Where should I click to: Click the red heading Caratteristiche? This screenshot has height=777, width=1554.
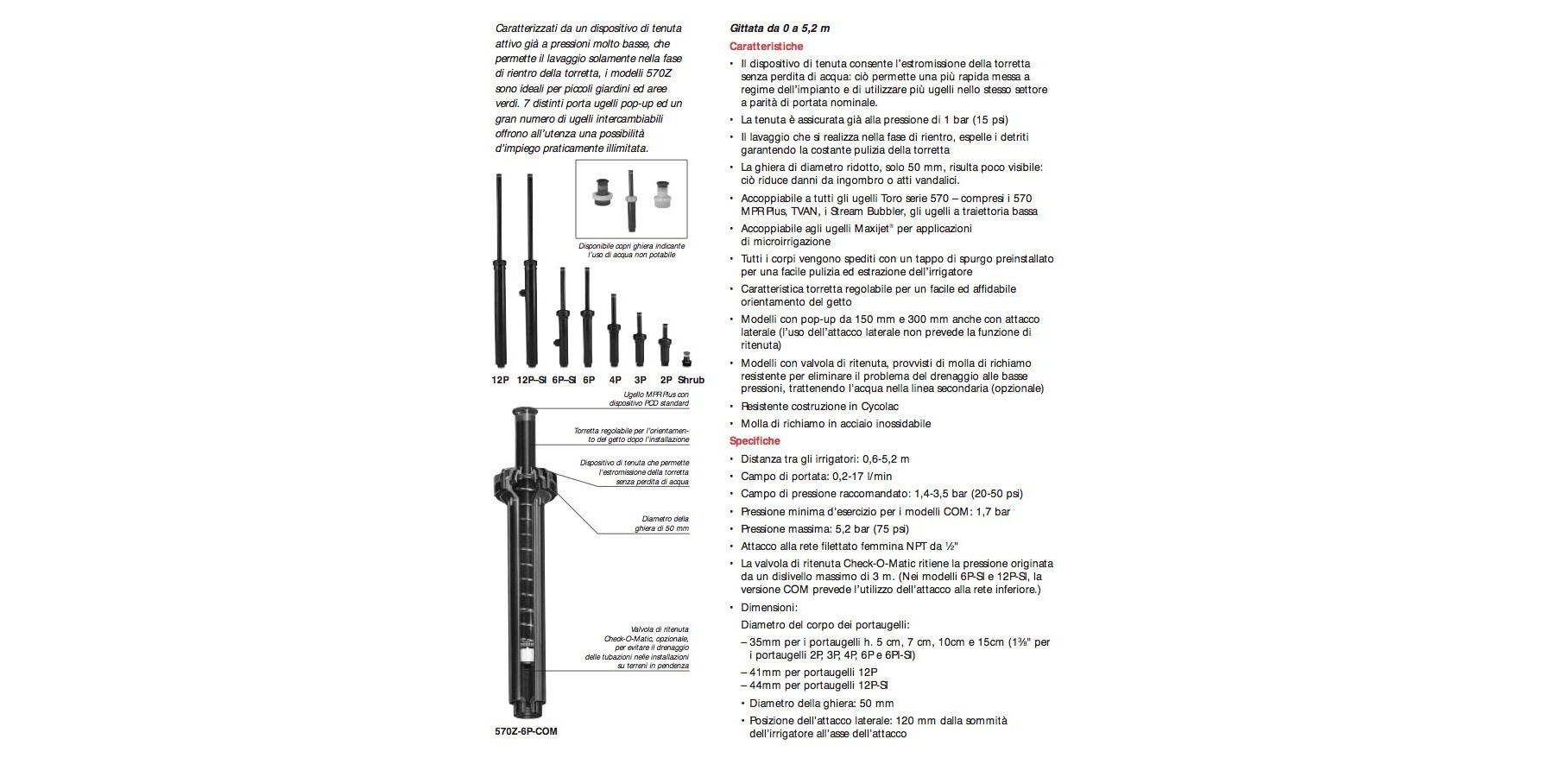767,46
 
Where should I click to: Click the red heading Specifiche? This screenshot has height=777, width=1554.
755,441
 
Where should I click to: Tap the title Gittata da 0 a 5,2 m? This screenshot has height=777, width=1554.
780,28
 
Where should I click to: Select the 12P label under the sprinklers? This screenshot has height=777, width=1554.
500,380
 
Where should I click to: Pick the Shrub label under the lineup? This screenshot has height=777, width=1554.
691,380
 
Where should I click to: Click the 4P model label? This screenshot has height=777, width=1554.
615,380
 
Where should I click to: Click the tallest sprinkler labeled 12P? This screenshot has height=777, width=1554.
500,276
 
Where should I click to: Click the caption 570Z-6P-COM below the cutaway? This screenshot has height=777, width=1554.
525,731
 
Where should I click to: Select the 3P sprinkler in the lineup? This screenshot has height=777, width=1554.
639,341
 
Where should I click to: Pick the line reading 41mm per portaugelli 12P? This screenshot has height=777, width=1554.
809,672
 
